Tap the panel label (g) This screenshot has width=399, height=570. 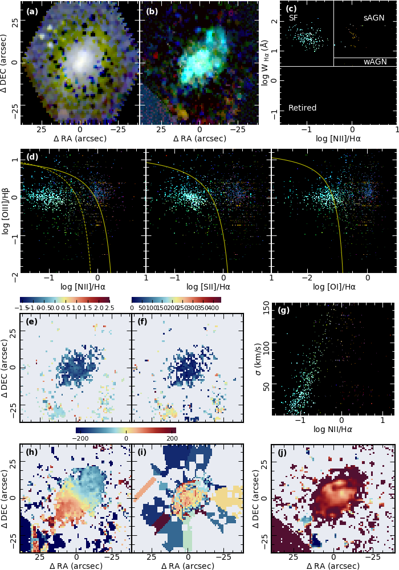pyautogui.click(x=283, y=311)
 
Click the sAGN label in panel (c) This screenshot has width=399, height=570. pyautogui.click(x=374, y=18)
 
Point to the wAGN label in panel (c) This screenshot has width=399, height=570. pyautogui.click(x=374, y=62)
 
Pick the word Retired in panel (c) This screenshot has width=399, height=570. pyautogui.click(x=302, y=108)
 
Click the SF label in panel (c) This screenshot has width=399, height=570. pyautogui.click(x=294, y=18)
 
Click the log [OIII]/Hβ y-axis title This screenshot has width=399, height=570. pyautogui.click(x=7, y=212)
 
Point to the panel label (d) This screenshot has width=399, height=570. pyautogui.click(x=32, y=157)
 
